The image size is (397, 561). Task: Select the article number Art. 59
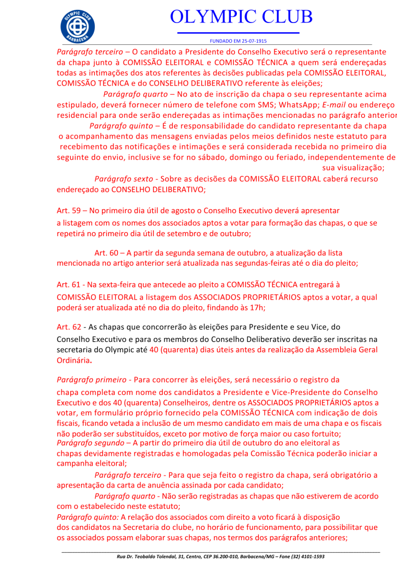pos(69,210)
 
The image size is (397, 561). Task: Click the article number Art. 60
pos(106,253)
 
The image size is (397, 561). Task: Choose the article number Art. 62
pos(69,327)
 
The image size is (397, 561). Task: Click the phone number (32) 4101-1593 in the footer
pos(303,556)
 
